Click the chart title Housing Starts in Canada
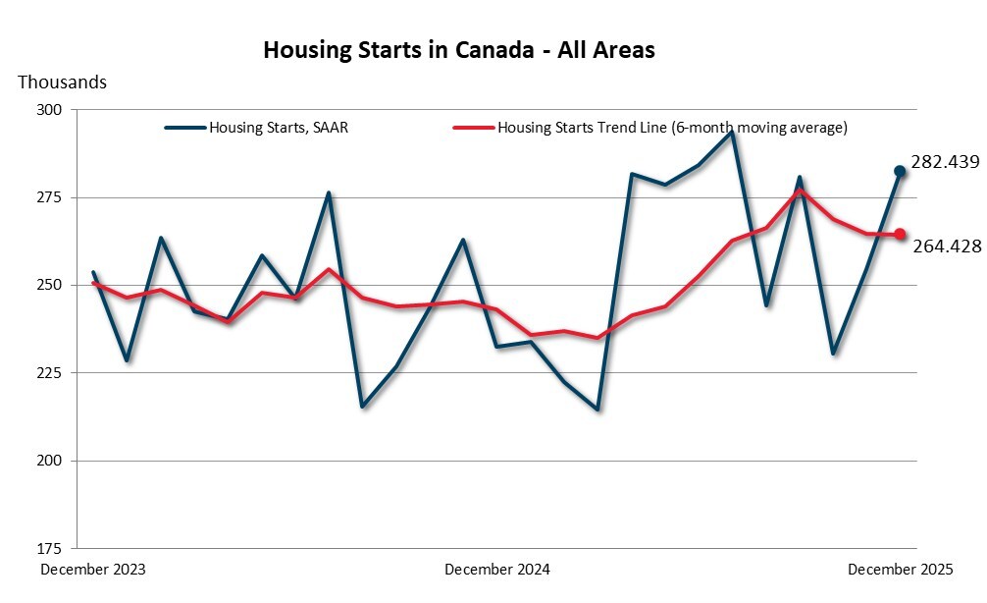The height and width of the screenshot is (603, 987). tap(458, 50)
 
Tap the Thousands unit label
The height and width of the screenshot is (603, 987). tap(62, 82)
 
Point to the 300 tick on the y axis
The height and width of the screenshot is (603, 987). tap(49, 110)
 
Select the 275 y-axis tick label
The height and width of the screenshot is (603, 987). tap(49, 197)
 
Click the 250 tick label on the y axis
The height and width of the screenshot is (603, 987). tap(49, 285)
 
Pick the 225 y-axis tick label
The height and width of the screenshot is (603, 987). tap(49, 372)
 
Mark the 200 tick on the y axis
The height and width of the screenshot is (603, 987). tap(49, 460)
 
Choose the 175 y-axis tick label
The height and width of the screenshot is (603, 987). tap(49, 547)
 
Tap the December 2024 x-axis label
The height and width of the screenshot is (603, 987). tap(497, 570)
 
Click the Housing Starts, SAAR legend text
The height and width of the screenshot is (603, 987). tap(279, 128)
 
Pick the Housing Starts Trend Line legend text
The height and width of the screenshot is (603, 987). tap(672, 128)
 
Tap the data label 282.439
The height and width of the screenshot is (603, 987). tap(945, 162)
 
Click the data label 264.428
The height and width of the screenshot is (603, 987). tap(947, 247)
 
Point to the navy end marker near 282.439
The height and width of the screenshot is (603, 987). tap(900, 171)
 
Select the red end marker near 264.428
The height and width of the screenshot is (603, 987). tap(900, 234)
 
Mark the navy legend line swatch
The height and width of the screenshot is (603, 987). tap(184, 128)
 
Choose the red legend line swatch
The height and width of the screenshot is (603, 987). tap(473, 128)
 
